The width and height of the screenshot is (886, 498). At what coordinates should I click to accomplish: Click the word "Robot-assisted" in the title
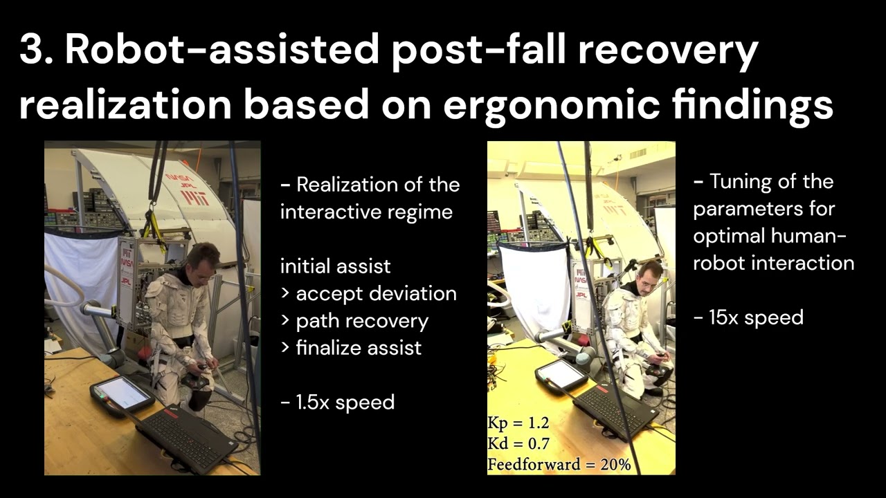tap(222, 50)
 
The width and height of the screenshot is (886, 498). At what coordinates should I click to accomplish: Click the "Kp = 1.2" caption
tap(518, 423)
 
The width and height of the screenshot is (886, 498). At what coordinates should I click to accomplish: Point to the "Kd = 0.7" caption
tap(518, 443)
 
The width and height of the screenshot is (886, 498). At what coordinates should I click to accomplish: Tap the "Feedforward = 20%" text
tap(559, 463)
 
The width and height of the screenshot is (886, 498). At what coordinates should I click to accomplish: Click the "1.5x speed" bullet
tap(337, 402)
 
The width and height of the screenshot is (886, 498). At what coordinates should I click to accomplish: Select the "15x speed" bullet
tap(748, 317)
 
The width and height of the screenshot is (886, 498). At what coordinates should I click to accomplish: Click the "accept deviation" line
tap(369, 293)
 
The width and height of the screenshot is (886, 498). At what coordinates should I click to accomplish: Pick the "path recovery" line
tap(354, 321)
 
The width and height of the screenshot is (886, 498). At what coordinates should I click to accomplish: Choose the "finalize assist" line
tap(351, 348)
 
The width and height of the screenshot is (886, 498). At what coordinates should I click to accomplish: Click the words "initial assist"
tap(336, 266)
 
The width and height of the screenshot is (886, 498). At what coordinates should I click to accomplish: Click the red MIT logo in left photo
tap(195, 198)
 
